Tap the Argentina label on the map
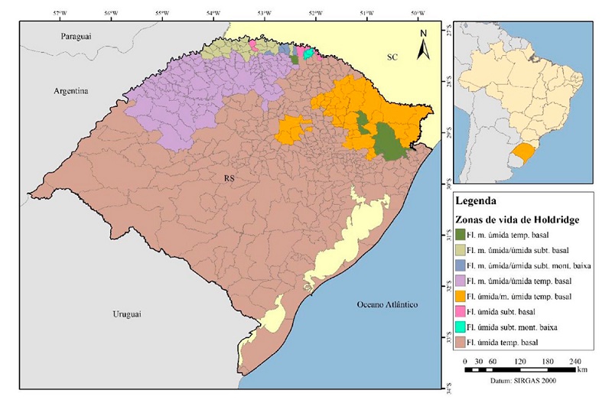coord(71,91)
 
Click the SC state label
coord(392,57)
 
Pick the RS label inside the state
coord(229,178)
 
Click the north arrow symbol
coord(423,46)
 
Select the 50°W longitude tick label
coord(417,13)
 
